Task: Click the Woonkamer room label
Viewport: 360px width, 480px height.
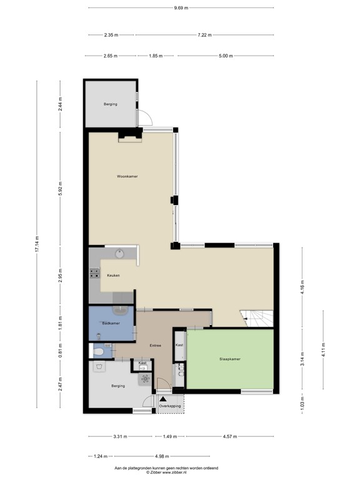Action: [x=127, y=177]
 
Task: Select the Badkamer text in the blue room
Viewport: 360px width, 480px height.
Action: [x=111, y=322]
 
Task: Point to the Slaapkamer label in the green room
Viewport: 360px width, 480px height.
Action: [x=230, y=359]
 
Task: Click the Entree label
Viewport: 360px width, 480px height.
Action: [x=155, y=345]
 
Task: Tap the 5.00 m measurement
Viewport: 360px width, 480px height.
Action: [x=225, y=56]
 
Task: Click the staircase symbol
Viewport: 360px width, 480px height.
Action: [x=257, y=317]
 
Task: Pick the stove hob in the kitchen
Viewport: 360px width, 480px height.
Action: [x=95, y=272]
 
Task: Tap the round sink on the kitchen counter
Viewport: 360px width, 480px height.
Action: [x=119, y=253]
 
